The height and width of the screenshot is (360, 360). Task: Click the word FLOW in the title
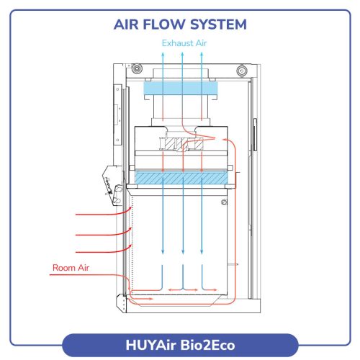tap(163, 24)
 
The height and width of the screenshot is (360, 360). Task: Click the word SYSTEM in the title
tap(218, 24)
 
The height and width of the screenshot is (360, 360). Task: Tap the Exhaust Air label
tap(184, 43)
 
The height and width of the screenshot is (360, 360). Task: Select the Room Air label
tap(71, 268)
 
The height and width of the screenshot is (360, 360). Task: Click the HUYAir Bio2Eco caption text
tap(180, 345)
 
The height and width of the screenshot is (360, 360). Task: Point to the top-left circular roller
tap(137, 69)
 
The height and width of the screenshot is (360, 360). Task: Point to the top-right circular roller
tap(242, 71)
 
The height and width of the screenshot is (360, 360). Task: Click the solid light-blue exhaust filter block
tap(181, 88)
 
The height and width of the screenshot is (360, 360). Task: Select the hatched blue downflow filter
tap(181, 178)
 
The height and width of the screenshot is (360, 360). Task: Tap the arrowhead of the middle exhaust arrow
tap(182, 55)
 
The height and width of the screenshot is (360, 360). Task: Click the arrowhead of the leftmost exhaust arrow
tap(163, 55)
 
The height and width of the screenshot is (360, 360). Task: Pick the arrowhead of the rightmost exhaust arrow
tap(202, 55)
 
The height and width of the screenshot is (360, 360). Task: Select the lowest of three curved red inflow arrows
tap(104, 251)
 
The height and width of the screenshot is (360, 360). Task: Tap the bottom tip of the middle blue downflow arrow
tap(183, 254)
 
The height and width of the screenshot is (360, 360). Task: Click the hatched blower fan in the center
tap(181, 143)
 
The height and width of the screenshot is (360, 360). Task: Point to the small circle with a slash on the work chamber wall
tap(224, 202)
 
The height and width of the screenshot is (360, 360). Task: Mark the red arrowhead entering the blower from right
tap(225, 139)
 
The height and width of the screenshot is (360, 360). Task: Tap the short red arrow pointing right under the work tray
tap(142, 299)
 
